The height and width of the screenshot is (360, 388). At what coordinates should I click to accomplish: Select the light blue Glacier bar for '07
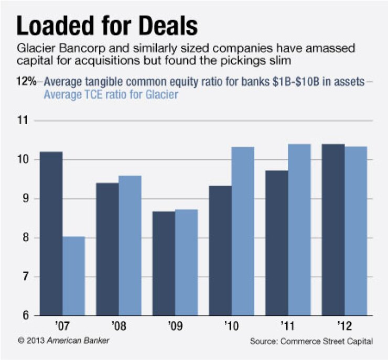tap(74, 276)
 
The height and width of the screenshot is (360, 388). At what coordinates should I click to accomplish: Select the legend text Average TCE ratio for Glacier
tap(111, 95)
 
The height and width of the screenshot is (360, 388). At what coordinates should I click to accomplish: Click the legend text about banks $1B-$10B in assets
tap(204, 82)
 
